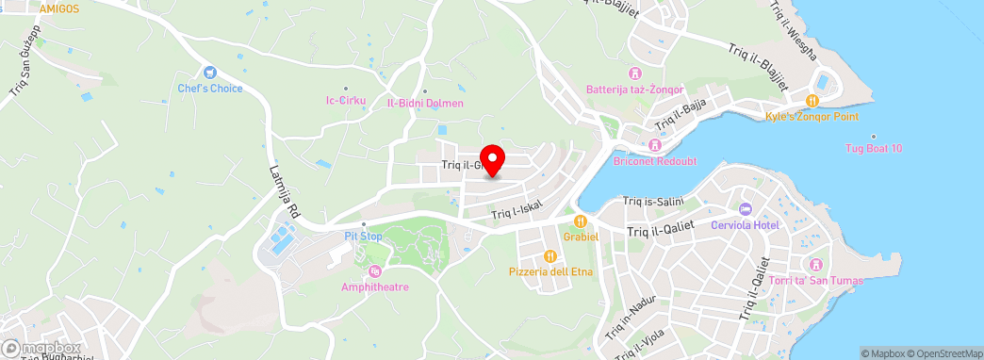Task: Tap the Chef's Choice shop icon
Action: (x=209, y=73)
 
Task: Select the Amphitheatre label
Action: (x=375, y=286)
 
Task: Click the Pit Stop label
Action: (x=363, y=236)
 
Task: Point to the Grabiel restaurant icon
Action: (x=582, y=221)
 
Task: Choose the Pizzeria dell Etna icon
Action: (x=549, y=256)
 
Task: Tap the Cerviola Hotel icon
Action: (x=744, y=208)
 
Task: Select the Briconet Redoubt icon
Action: (x=654, y=145)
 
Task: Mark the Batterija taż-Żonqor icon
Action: (x=635, y=74)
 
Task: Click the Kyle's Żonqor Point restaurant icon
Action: (x=812, y=100)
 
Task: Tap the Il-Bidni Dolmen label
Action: (x=425, y=103)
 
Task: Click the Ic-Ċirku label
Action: (x=345, y=100)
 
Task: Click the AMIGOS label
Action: (x=59, y=8)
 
